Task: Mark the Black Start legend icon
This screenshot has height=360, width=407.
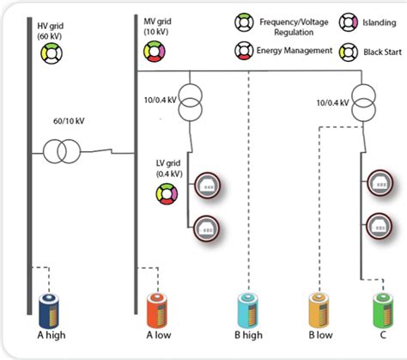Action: coord(349,51)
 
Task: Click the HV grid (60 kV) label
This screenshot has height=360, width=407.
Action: coord(52,30)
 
